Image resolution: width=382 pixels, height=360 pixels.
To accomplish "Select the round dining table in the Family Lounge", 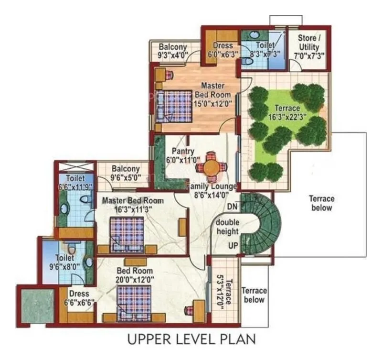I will point(211,167).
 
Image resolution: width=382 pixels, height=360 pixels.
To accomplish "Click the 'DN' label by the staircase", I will point(233,207).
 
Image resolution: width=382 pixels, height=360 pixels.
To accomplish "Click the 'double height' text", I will point(227,228).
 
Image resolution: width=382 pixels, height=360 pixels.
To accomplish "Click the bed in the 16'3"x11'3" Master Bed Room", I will point(127,233).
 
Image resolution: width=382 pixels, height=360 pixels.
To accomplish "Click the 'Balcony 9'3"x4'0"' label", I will point(173,51).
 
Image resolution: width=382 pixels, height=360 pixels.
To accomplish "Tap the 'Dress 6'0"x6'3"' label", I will point(222,50).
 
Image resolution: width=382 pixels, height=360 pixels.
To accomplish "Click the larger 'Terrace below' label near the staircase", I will point(321,203).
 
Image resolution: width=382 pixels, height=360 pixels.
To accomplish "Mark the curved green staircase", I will point(262,225).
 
